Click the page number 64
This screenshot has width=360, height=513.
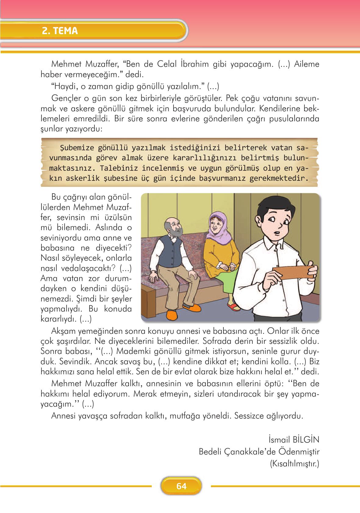tap(181, 486)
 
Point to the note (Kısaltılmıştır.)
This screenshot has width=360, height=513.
tap(294, 464)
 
